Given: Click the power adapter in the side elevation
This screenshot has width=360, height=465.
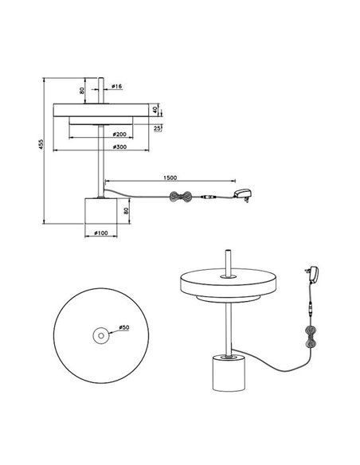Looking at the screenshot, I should pyautogui.click(x=243, y=193).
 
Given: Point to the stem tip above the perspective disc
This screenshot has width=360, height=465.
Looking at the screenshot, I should pyautogui.click(x=228, y=257).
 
